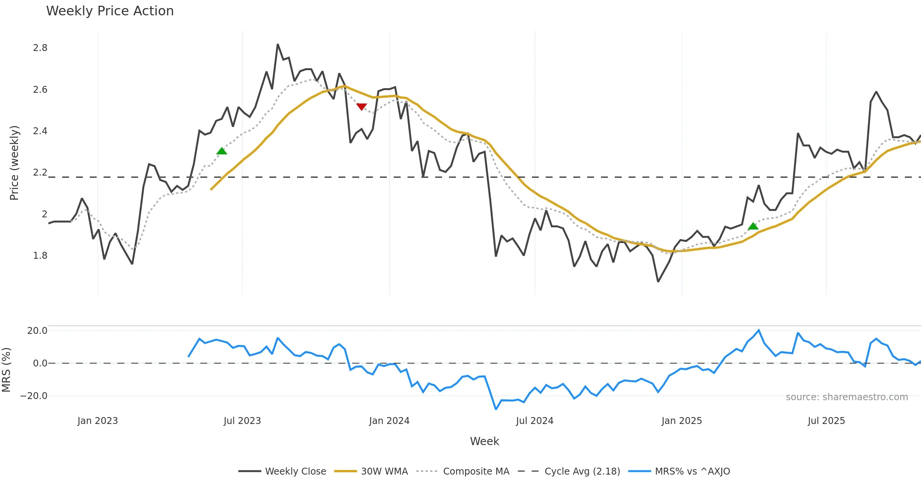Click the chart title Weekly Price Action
point(110,11)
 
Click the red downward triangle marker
point(361,107)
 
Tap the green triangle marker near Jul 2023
point(222,151)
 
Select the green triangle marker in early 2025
point(753,226)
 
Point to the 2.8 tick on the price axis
point(40,48)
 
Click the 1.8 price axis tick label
point(40,256)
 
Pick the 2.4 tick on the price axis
point(40,131)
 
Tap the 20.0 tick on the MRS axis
point(37,331)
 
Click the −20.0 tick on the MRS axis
point(34,396)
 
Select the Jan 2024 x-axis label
point(389,421)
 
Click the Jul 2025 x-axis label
point(826,421)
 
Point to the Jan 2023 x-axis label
point(97,421)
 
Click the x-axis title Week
point(484,442)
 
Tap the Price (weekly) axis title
point(14,163)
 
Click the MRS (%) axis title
point(7,370)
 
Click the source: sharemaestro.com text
point(847,397)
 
